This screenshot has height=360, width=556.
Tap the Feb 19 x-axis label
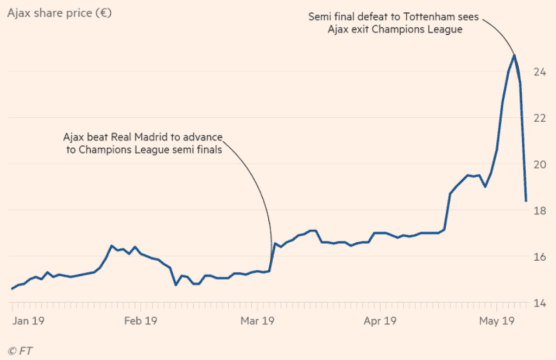(140, 321)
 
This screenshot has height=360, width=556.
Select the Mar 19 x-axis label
(258, 321)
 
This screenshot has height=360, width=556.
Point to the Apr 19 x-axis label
(380, 321)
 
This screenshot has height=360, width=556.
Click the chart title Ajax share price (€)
(59, 13)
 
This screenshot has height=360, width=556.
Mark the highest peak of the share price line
(514, 55)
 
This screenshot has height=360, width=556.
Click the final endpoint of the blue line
(526, 201)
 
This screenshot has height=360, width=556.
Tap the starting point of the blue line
(12, 288)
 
